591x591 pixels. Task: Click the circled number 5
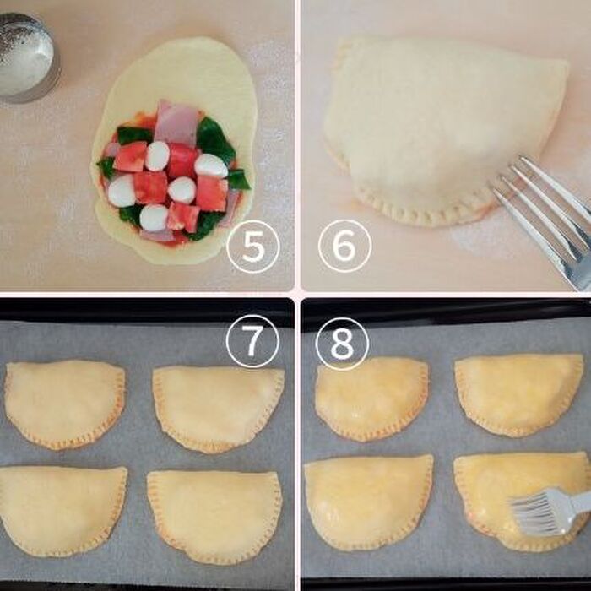point(253,247)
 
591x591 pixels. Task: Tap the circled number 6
point(344,246)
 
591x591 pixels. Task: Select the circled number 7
point(252,341)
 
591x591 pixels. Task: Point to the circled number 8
point(342,344)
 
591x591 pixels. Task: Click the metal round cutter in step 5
point(27,57)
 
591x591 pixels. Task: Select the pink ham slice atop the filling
point(176,122)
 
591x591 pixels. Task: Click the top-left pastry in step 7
point(64,404)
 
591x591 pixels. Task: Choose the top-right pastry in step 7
point(218,408)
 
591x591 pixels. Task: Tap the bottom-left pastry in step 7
point(62,509)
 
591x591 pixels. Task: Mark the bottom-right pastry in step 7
point(214,514)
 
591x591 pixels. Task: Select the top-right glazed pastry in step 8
point(518,394)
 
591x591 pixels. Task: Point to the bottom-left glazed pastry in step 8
point(368,502)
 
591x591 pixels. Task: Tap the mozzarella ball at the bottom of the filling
point(154,218)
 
